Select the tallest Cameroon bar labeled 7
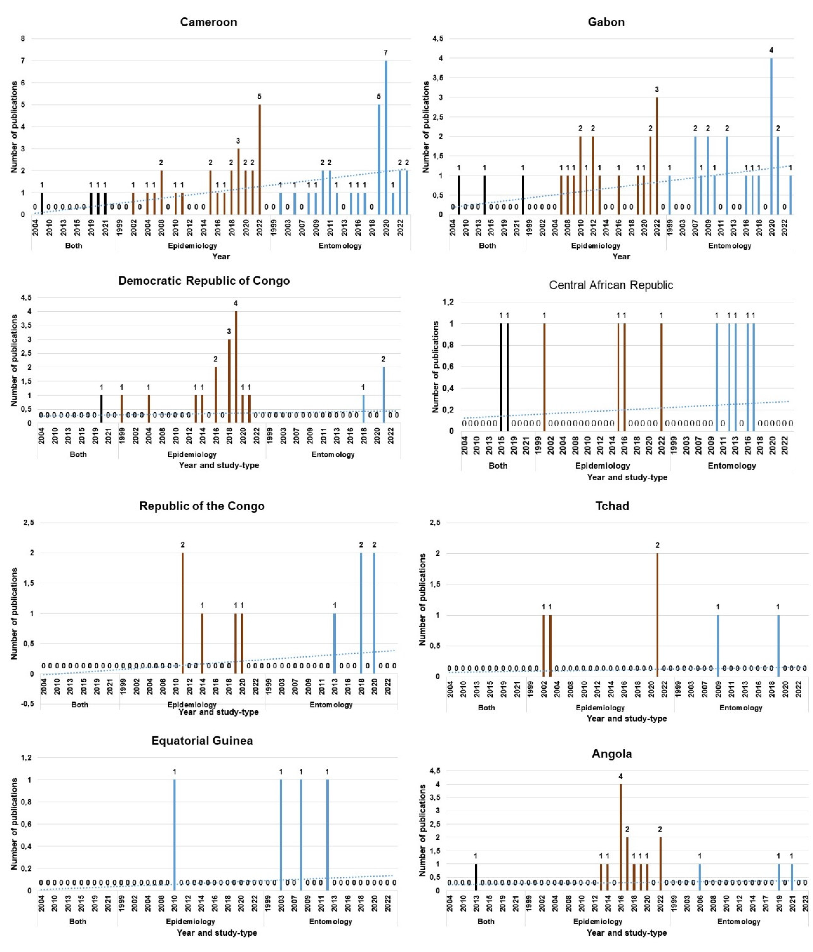click(386, 138)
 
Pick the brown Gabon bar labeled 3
click(657, 156)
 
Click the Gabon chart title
click(606, 22)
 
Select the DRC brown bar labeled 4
click(236, 368)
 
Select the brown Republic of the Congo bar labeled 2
click(182, 613)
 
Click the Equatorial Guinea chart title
click(202, 741)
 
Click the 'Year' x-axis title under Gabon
click(621, 256)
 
